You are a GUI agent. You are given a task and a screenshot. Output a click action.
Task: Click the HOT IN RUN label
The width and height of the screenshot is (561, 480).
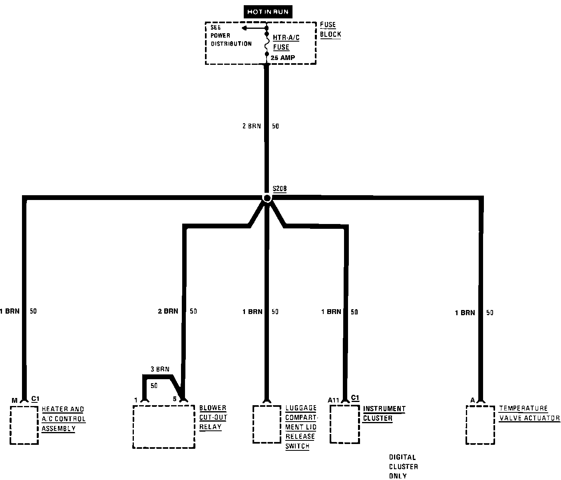(267, 12)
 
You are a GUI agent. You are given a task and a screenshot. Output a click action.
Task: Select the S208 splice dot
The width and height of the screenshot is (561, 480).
(267, 198)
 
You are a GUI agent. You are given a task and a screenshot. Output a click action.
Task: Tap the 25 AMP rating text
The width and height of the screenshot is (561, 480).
(283, 58)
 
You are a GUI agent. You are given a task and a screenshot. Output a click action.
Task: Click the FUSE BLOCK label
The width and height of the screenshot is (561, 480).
(330, 30)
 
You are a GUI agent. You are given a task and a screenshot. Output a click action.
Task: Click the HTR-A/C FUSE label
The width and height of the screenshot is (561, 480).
(286, 42)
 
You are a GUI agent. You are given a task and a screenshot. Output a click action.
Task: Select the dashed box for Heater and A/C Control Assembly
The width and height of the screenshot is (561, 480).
(24, 424)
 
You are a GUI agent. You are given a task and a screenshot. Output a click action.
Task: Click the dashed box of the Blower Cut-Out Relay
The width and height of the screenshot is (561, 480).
(164, 426)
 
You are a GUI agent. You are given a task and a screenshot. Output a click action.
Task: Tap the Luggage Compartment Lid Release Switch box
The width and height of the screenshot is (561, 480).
(267, 424)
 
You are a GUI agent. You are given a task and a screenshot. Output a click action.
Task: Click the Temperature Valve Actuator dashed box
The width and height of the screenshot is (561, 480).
(481, 424)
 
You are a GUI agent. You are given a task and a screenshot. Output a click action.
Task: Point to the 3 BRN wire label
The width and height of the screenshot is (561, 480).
(160, 369)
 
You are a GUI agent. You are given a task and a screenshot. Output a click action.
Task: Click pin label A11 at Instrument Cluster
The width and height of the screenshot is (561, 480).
(334, 400)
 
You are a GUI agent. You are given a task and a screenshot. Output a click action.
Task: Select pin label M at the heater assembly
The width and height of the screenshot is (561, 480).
(14, 400)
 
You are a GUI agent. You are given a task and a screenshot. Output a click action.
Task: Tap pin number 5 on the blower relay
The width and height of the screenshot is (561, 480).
(175, 399)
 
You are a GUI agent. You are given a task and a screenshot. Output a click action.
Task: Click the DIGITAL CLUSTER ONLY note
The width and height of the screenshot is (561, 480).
(403, 466)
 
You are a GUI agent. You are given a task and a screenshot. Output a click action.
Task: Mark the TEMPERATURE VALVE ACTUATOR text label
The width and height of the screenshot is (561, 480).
(529, 414)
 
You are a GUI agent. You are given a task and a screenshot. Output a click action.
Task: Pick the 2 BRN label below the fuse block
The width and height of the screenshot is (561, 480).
(251, 126)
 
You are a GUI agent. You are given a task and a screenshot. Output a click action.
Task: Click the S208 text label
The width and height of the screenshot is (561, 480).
(279, 188)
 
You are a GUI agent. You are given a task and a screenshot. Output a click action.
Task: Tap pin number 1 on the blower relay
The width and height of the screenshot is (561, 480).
(136, 400)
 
